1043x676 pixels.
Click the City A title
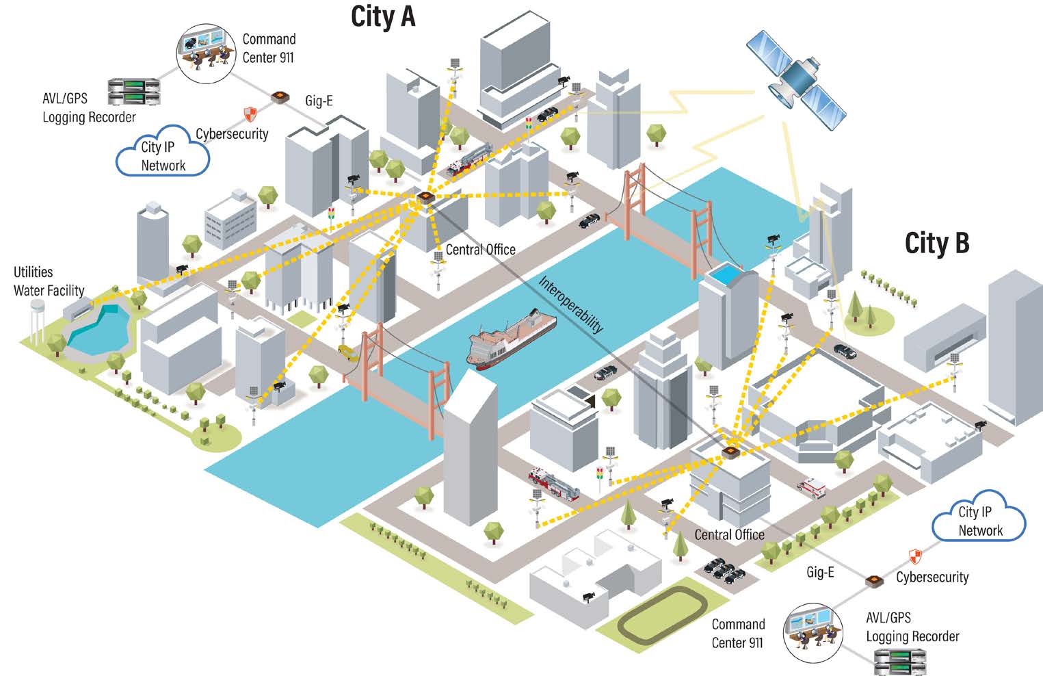pos(383,16)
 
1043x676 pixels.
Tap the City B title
pos(936,243)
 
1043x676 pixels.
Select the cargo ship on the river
pos(511,339)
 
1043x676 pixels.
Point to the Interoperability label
pos(571,304)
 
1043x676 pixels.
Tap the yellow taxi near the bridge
pos(348,352)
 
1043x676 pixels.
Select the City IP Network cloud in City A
pos(163,152)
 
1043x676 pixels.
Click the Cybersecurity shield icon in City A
pos(250,114)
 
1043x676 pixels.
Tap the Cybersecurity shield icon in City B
pos(914,556)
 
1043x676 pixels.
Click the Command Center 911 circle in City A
pos(206,52)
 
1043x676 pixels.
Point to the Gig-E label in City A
pos(319,101)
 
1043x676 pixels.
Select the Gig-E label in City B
pos(820,572)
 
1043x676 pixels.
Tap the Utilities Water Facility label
pos(49,281)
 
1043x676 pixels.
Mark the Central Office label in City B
pos(729,534)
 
